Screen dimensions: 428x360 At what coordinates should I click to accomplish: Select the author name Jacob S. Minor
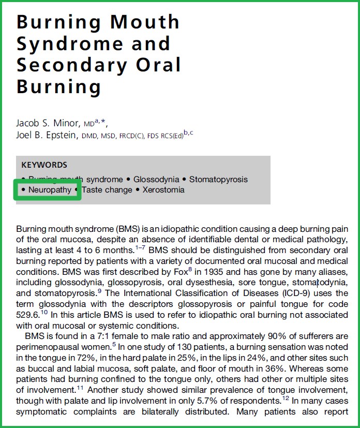[48, 124]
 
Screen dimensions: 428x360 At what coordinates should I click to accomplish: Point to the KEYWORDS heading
[44, 165]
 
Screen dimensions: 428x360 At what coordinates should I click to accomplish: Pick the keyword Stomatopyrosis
[218, 180]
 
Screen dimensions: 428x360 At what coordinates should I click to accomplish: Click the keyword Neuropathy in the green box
[50, 190]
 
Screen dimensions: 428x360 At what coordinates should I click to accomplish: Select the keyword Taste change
[107, 190]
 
